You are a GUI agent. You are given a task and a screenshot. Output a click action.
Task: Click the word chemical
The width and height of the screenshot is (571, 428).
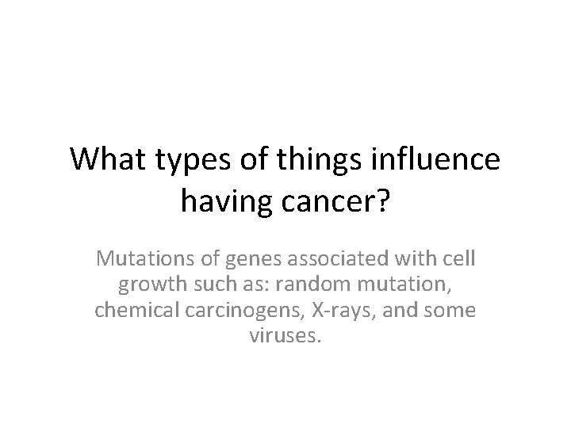point(129,310)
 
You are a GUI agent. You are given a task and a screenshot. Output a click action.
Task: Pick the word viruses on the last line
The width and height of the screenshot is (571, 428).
point(285,336)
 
